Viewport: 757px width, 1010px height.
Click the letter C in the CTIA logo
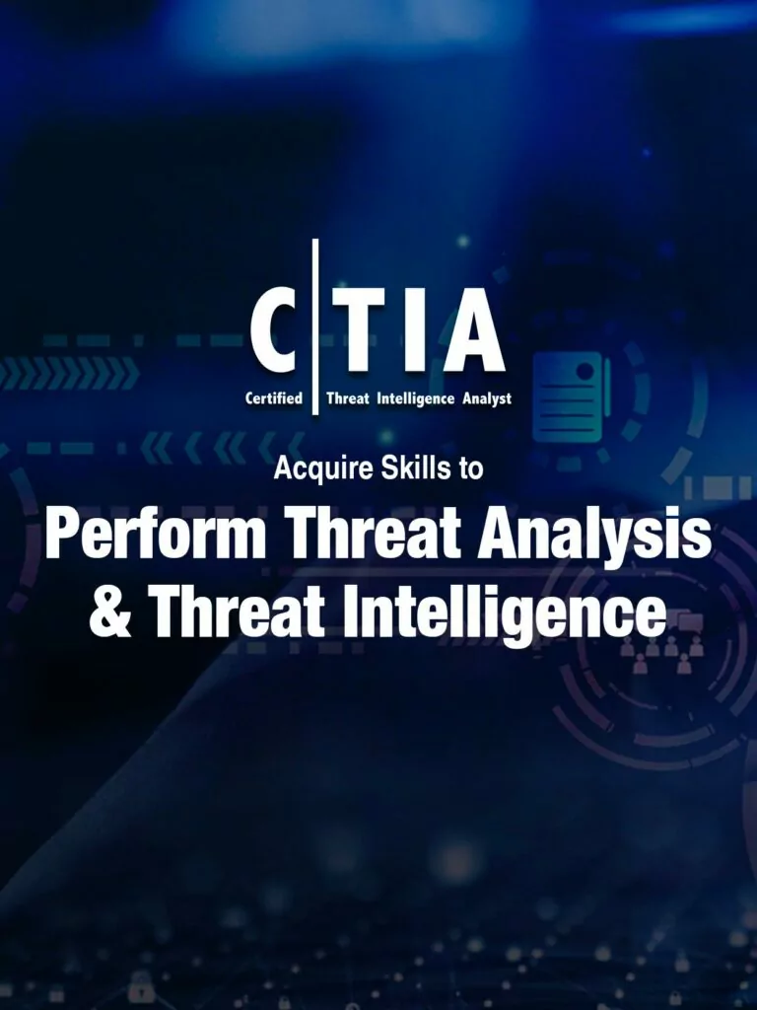coord(274,329)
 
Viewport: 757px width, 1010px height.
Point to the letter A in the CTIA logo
coord(473,329)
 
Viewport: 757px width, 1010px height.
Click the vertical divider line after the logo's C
coord(314,326)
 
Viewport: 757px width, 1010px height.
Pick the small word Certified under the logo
coord(274,398)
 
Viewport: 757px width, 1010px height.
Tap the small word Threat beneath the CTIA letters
coord(348,398)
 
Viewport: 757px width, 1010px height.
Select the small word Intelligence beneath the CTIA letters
coord(415,399)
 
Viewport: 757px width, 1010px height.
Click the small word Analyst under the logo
coord(487,399)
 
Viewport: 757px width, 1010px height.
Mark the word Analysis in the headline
coord(593,537)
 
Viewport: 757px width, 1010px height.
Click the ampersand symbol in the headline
coord(110,613)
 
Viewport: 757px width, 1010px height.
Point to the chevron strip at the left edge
coord(68,373)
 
